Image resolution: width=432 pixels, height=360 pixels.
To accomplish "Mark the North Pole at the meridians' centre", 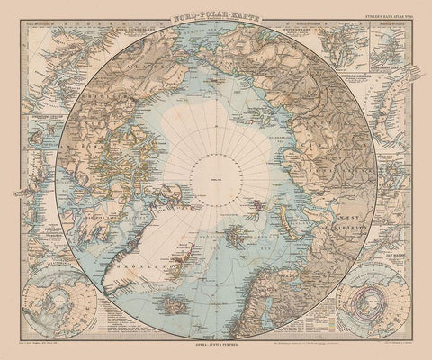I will pos(217,181).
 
